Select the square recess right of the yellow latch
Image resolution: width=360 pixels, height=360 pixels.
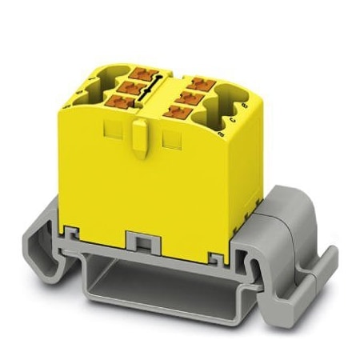tap(170, 141)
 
